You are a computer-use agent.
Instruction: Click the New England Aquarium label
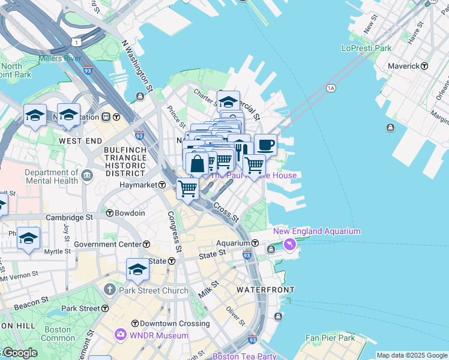click(317, 231)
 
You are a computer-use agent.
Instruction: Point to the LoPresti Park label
click(366, 48)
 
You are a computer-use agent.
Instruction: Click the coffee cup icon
click(265, 145)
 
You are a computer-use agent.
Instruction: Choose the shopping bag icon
click(197, 163)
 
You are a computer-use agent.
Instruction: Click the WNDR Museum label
click(155, 335)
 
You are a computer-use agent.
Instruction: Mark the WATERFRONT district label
click(265, 289)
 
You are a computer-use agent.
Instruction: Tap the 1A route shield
click(330, 88)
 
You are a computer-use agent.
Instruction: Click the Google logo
click(19, 353)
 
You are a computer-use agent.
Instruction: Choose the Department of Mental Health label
click(52, 176)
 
